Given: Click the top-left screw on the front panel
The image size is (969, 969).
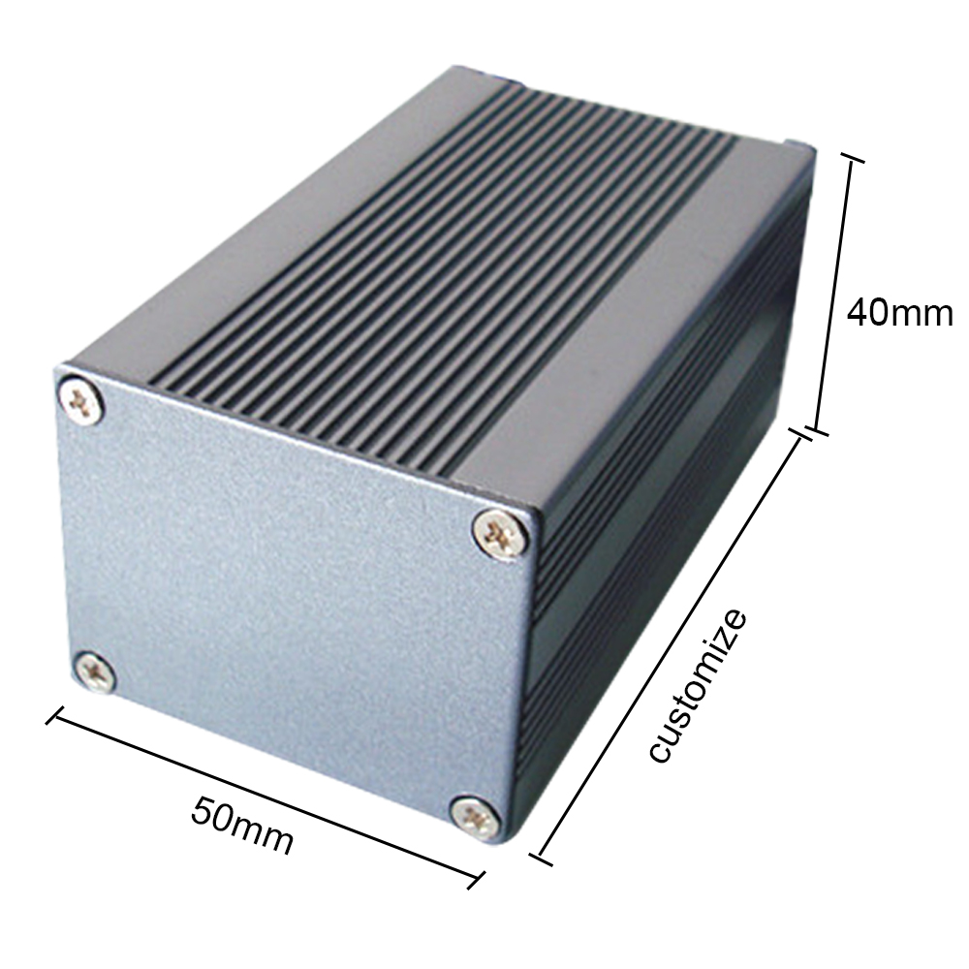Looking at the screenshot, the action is click(80, 400).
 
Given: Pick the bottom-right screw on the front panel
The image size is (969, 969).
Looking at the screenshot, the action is click(475, 819).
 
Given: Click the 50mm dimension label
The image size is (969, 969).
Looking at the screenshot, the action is click(242, 826).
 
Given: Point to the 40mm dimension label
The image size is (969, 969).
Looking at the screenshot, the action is click(900, 313).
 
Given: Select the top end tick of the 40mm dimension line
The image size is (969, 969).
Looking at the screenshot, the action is click(853, 162).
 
